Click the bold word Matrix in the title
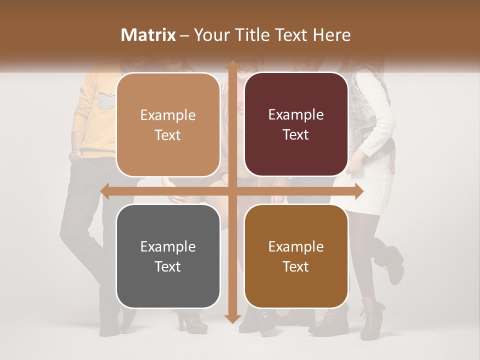(148, 35)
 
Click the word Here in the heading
(331, 35)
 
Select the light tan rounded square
(168, 124)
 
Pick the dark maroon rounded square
(296, 124)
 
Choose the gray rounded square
(168, 256)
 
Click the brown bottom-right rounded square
(296, 256)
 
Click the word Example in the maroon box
(296, 114)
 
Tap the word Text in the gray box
(167, 266)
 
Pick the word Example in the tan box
(168, 115)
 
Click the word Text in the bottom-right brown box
(295, 266)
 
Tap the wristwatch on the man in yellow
(74, 155)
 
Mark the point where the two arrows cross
(232, 191)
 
